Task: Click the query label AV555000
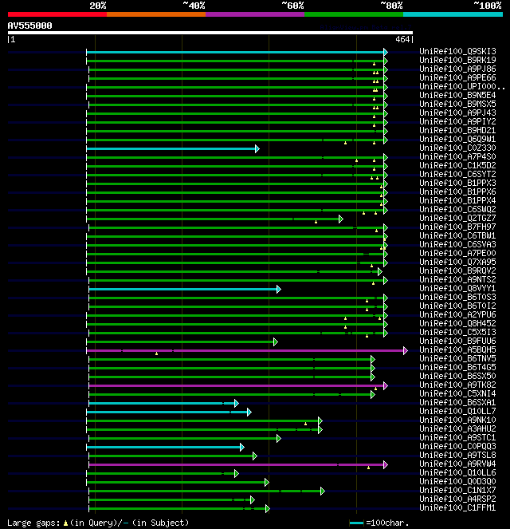[30, 26]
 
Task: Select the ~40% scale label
[194, 6]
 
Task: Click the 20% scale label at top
[98, 6]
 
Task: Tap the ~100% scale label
[488, 6]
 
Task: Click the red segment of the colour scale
[57, 14]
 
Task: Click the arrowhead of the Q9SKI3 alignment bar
[385, 52]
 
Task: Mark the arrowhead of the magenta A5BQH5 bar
[405, 350]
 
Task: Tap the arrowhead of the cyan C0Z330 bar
[257, 148]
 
